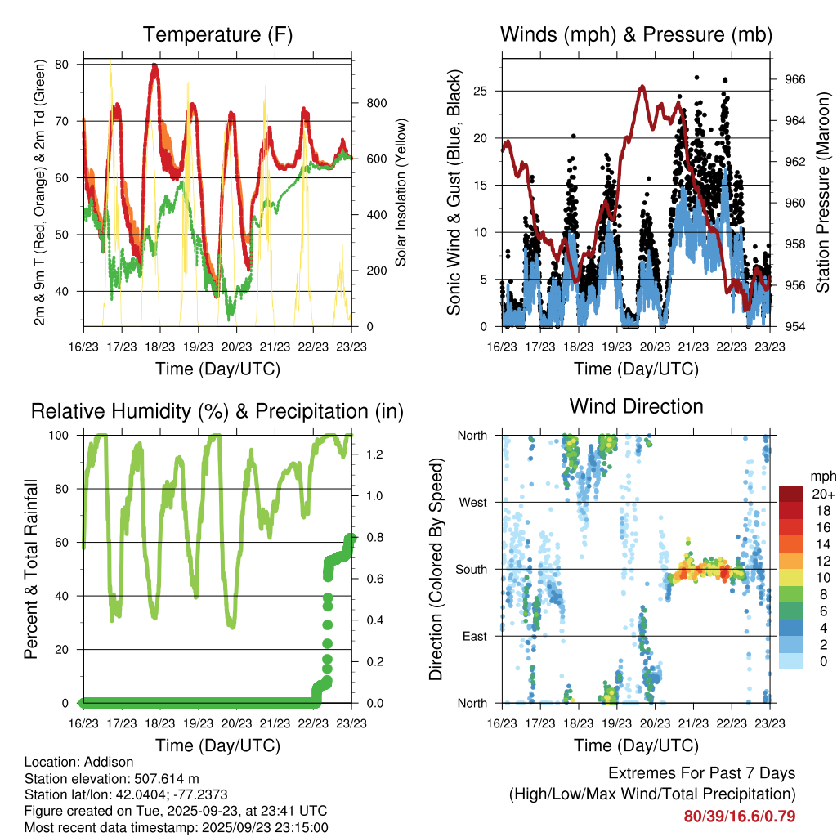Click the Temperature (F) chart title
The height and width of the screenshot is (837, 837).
(217, 34)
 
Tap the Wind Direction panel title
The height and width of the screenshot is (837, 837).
(636, 406)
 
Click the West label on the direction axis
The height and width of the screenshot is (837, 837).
(472, 502)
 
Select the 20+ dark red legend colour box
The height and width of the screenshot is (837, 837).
(790, 493)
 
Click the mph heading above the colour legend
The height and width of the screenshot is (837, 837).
(822, 476)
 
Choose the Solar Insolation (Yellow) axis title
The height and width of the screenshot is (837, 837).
(401, 192)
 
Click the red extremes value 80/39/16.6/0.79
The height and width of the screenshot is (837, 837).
(740, 816)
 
